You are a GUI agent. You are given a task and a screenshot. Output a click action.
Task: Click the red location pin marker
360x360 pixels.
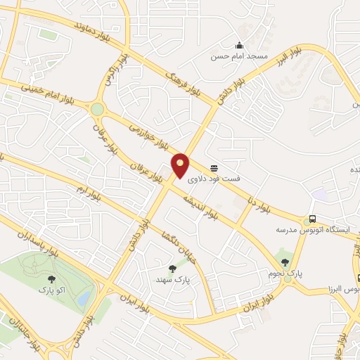pyautogui.click(x=181, y=165)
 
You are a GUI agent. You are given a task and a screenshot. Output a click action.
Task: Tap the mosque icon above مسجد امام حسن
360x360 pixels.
pyautogui.click(x=239, y=46)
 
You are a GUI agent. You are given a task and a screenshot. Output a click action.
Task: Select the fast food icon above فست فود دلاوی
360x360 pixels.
pyautogui.click(x=214, y=167)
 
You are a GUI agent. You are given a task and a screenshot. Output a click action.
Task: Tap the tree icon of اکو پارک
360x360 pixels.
pyautogui.click(x=46, y=278)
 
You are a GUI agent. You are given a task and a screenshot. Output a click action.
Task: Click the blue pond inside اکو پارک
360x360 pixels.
pyautogui.click(x=84, y=300)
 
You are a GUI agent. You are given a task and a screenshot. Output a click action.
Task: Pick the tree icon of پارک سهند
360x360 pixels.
pyautogui.click(x=173, y=268)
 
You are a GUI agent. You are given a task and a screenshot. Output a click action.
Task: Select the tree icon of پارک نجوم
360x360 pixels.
pyautogui.click(x=285, y=262)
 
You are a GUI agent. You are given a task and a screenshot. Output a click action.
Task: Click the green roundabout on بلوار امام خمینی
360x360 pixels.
pyautogui.click(x=97, y=110)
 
